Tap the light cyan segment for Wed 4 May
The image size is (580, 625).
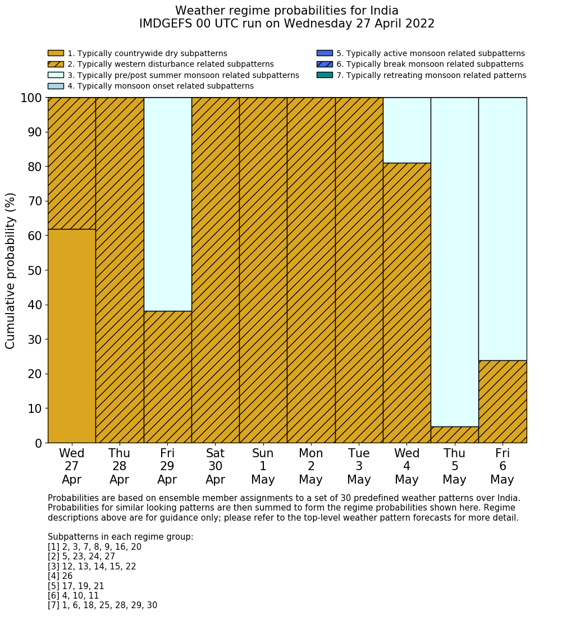407,130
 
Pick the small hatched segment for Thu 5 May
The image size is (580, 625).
454,435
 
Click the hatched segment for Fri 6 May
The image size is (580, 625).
503,402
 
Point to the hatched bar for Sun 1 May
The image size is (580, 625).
263,270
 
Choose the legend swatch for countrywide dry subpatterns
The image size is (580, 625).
56,53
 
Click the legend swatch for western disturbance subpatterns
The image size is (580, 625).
56,64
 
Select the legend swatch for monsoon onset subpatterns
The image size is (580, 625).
56,86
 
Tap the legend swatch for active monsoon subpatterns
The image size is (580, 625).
325,53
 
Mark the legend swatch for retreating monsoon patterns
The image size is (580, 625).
325,75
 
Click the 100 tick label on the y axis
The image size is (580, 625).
31,98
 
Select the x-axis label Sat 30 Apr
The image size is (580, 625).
215,466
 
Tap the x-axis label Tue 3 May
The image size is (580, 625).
359,466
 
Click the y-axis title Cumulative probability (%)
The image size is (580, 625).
11,270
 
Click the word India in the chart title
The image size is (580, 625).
381,11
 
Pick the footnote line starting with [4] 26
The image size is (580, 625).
60,576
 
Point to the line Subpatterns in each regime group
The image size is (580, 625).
120,537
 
